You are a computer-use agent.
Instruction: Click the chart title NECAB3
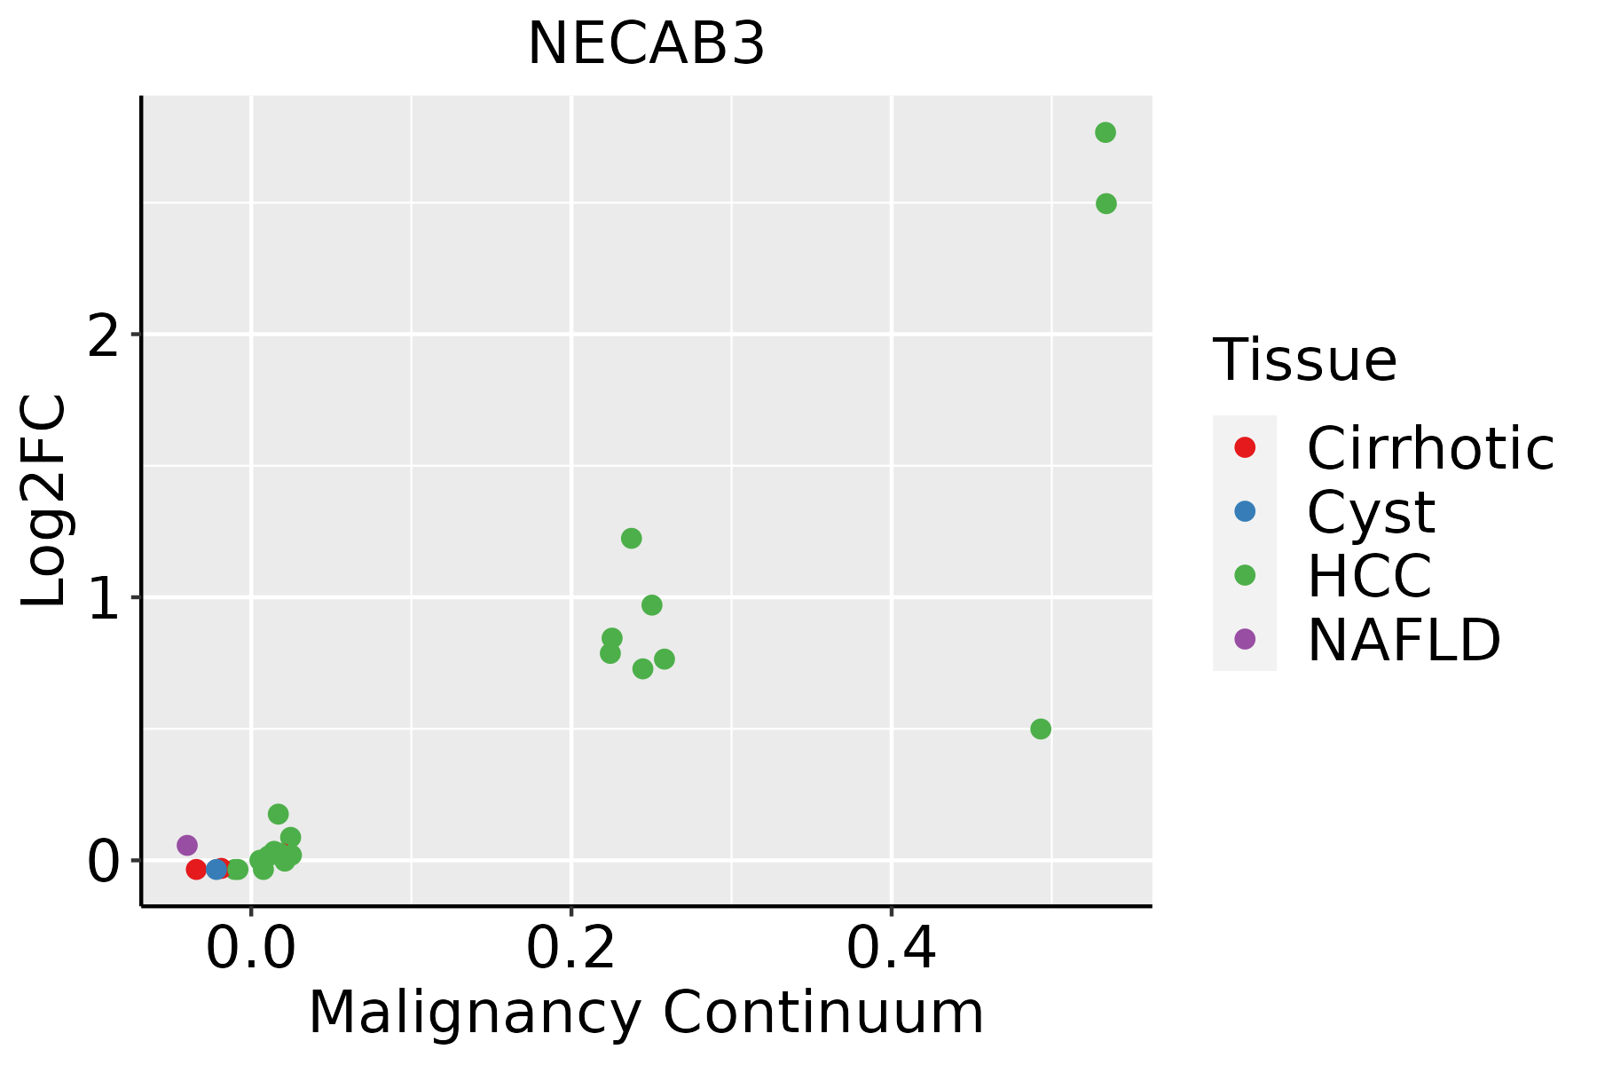(646, 44)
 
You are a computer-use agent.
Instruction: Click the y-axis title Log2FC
(44, 501)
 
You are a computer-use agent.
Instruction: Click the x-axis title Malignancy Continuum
(646, 1014)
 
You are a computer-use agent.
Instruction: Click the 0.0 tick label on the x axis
(251, 950)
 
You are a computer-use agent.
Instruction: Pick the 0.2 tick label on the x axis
(571, 950)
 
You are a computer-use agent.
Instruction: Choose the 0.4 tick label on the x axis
(892, 950)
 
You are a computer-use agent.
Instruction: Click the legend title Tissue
(1304, 360)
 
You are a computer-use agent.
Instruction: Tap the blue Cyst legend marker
(1245, 511)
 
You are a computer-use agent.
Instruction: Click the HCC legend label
(1369, 576)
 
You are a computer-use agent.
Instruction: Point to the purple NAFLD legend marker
(1245, 638)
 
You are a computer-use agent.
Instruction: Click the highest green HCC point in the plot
(1105, 133)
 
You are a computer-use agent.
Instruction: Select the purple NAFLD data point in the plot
(187, 845)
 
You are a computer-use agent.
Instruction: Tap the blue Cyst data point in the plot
(216, 869)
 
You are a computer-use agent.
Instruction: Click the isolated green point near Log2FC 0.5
(1041, 729)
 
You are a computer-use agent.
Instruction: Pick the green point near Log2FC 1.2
(632, 538)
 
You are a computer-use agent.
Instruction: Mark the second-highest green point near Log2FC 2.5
(1106, 204)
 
